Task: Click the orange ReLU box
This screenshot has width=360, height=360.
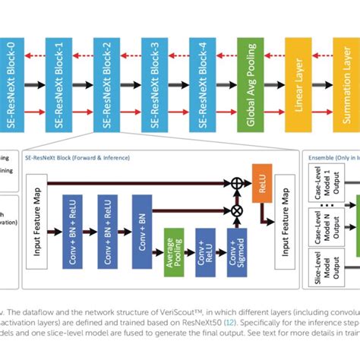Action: (x=261, y=183)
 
